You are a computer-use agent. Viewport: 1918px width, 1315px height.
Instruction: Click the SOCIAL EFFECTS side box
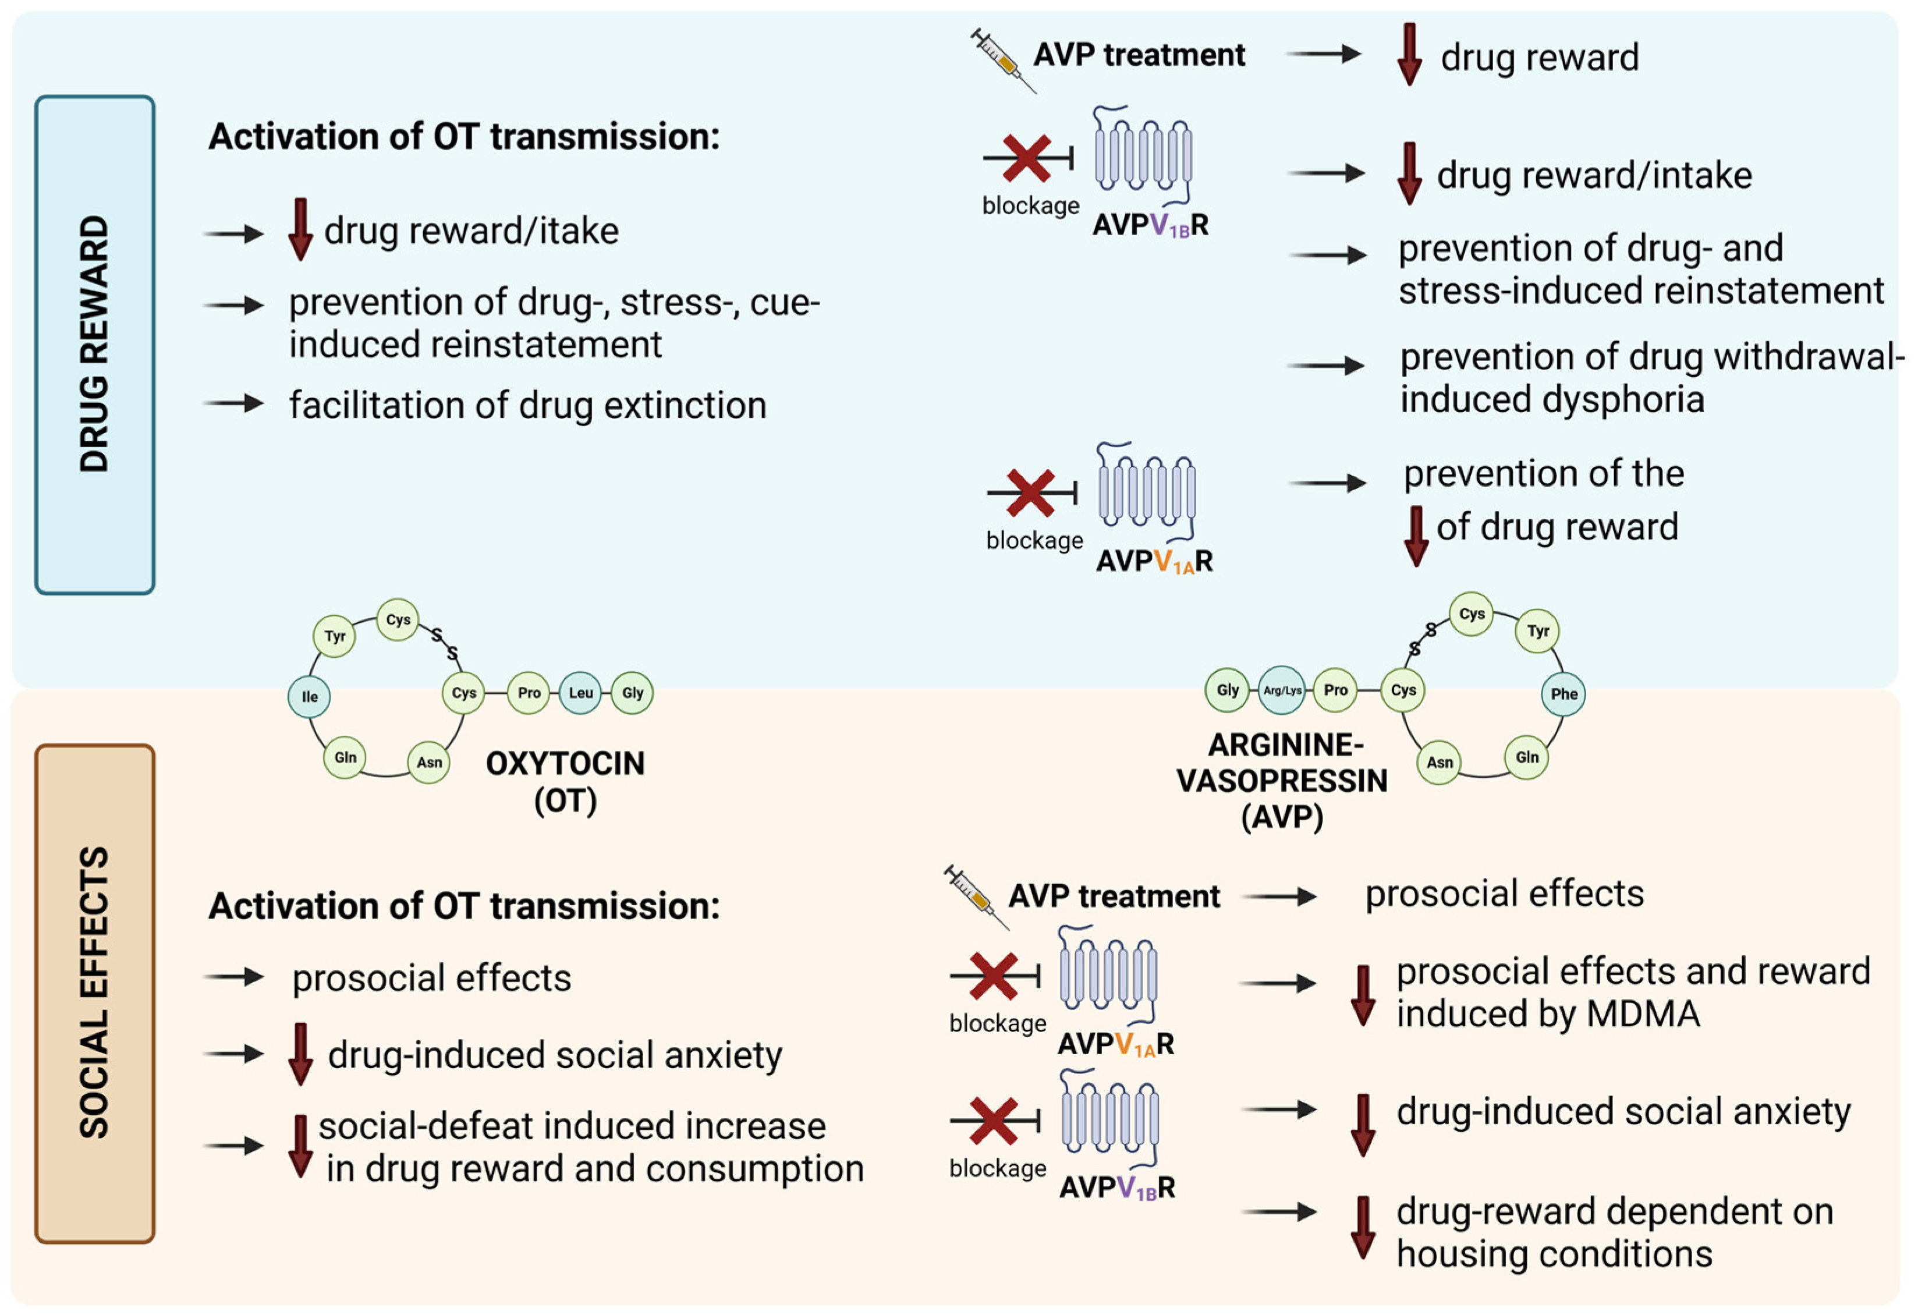tap(94, 993)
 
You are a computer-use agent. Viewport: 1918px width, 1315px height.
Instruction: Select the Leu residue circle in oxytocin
tap(580, 693)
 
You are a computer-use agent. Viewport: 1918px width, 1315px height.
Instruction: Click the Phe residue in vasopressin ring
tap(1563, 693)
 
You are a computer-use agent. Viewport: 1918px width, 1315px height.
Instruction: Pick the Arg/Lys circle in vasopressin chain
tap(1282, 690)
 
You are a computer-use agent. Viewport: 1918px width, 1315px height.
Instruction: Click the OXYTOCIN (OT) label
tap(565, 781)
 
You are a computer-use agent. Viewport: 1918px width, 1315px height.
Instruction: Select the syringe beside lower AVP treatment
tap(976, 896)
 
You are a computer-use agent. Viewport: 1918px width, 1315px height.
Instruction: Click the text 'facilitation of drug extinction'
tap(527, 405)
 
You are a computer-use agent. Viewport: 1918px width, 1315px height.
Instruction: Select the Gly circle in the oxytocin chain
tap(632, 693)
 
